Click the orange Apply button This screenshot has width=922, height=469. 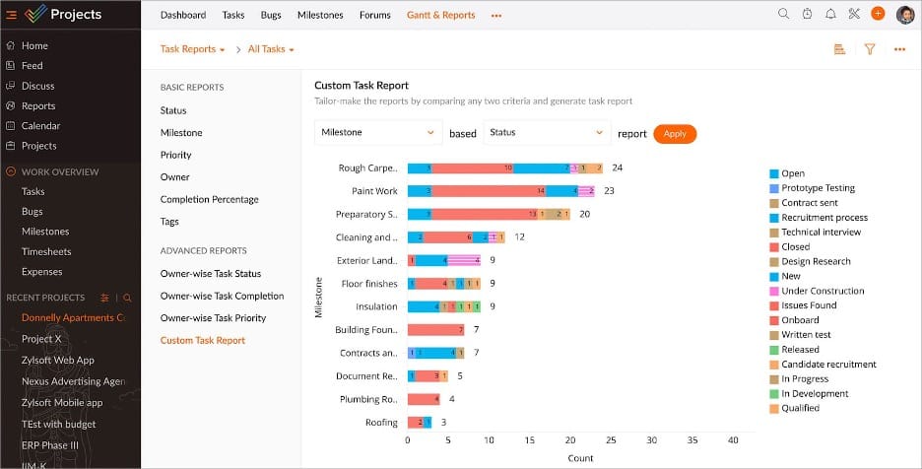(675, 134)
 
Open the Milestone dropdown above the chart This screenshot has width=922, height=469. (378, 133)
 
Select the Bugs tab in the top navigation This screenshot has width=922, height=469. (271, 16)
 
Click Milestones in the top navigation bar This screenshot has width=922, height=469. (320, 16)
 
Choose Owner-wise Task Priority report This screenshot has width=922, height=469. (213, 318)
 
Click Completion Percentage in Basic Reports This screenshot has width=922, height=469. (209, 200)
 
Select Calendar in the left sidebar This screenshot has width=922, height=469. (40, 126)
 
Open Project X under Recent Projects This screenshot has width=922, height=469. (41, 339)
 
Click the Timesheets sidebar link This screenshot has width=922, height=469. (44, 252)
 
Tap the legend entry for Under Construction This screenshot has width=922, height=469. (822, 292)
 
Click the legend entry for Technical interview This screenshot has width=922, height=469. (820, 233)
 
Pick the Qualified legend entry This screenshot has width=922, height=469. (799, 409)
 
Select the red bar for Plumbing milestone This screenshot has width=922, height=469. (424, 400)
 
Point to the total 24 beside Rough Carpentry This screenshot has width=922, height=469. (617, 168)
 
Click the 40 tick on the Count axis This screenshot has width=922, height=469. (732, 440)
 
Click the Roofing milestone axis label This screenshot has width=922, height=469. (381, 423)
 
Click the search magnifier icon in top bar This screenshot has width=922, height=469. (783, 15)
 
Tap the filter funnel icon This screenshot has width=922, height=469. (870, 49)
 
